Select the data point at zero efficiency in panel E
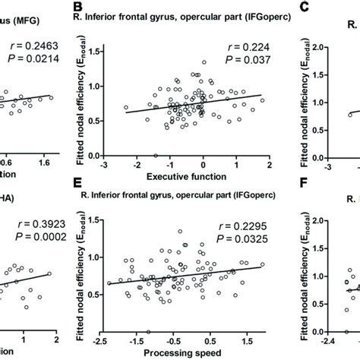click(148, 330)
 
